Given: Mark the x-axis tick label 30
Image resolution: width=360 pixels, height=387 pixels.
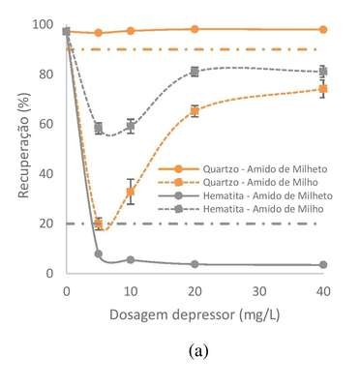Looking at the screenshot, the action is click(x=259, y=292).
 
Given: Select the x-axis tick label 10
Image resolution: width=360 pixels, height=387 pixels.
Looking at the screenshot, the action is click(x=131, y=292).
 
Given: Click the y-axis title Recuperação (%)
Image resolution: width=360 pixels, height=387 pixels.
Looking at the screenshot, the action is click(x=23, y=145).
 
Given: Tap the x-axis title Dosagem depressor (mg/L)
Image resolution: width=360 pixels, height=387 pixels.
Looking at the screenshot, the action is click(x=195, y=314).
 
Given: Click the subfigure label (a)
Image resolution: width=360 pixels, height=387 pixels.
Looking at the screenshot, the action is click(x=198, y=351).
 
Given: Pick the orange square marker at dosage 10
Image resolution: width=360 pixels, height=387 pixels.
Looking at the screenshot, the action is click(x=131, y=192).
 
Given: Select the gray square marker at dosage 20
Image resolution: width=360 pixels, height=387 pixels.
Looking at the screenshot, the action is click(x=195, y=72).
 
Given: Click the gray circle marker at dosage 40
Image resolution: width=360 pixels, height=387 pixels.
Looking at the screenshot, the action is click(x=323, y=265).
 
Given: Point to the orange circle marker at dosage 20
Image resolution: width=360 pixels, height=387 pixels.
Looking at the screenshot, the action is click(x=195, y=29).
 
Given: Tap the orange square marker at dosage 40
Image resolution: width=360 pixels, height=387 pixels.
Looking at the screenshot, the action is click(x=323, y=89).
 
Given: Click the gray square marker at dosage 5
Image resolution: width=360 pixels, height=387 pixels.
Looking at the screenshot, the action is click(x=99, y=128).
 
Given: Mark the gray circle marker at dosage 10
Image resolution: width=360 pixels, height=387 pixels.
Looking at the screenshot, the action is click(x=131, y=260).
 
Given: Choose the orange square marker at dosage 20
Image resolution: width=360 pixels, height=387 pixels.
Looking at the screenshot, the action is click(x=195, y=111).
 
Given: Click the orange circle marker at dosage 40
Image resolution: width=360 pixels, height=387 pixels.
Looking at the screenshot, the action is click(x=323, y=30).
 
